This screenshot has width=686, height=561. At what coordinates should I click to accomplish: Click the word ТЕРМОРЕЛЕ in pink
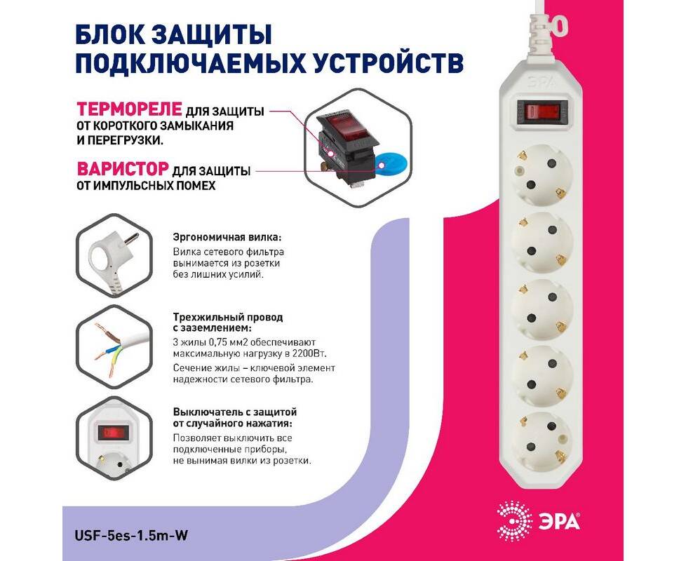coord(129,109)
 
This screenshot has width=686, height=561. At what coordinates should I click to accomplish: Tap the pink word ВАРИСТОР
coord(123,168)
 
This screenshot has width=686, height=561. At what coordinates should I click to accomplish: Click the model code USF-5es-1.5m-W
coord(132,535)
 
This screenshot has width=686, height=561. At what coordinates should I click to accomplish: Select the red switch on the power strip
coord(542,110)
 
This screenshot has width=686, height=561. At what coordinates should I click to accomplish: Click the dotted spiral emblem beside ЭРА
coord(515,522)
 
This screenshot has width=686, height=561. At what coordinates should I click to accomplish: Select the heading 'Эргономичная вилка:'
coord(227,238)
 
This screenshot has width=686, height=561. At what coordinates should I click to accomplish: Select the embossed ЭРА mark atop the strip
coord(541,82)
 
